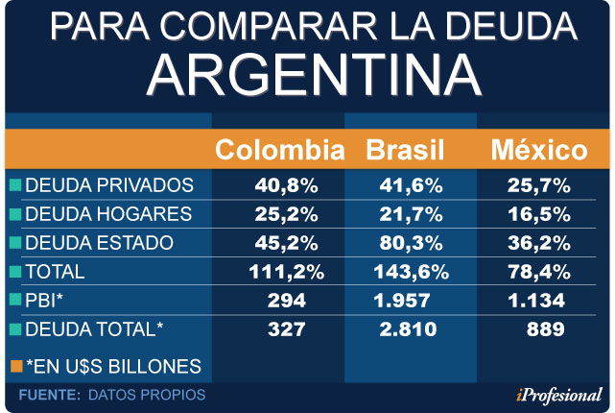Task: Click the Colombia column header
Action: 278,150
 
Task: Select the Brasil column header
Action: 404,150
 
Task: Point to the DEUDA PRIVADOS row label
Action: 109,184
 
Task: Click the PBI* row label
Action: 45,301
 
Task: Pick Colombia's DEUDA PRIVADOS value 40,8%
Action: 280,184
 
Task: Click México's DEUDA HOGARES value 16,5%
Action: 538,213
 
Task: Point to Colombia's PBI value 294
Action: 280,301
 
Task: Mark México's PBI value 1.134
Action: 538,301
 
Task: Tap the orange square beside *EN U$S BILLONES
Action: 15,366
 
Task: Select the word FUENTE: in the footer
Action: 48,395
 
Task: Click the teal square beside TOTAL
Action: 15,272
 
